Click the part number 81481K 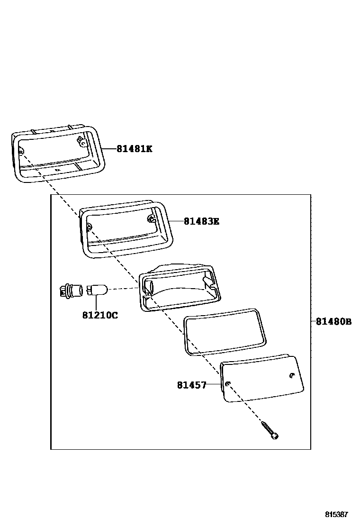(x=135, y=149)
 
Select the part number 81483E (x=201, y=221)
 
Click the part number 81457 (x=192, y=385)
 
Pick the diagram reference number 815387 (x=336, y=514)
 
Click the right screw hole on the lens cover (x=291, y=376)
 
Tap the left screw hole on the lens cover (x=228, y=383)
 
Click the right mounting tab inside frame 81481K (x=82, y=141)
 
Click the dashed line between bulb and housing (x=123, y=288)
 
